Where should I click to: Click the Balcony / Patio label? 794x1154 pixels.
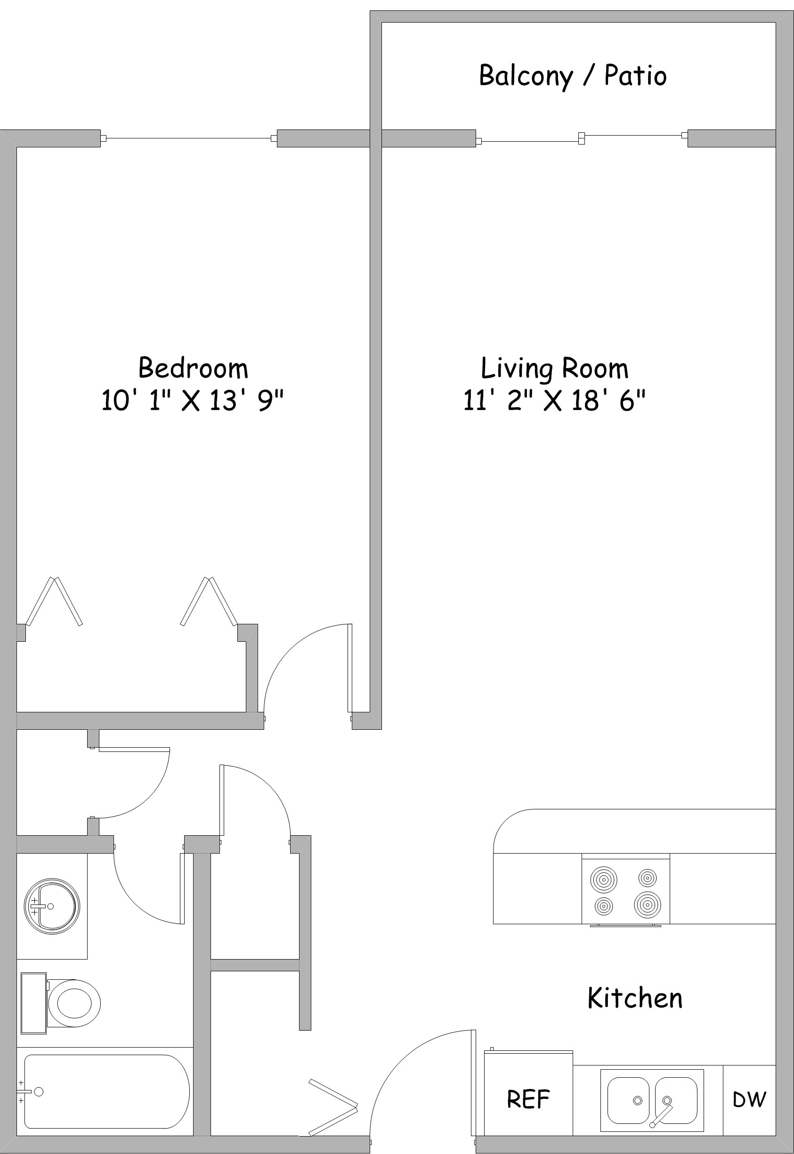click(573, 76)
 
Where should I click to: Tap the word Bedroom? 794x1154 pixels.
click(193, 368)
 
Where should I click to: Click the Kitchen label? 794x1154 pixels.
click(635, 998)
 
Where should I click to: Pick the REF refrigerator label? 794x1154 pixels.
click(528, 1099)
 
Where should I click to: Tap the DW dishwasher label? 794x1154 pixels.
click(749, 1099)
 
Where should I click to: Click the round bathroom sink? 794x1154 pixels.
click(52, 906)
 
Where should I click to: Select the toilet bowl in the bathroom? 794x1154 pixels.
click(73, 1003)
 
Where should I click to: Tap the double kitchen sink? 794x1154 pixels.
click(652, 1101)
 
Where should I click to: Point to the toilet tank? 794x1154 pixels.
click(34, 1003)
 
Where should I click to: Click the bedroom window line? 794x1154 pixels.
click(189, 138)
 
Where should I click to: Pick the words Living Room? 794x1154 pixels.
click(554, 369)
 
